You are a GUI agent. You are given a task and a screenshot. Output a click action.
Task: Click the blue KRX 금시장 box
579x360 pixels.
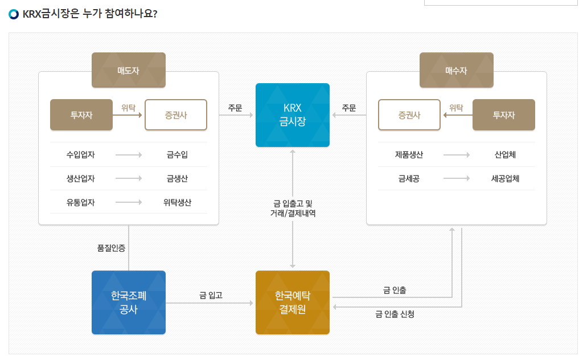tap(293, 115)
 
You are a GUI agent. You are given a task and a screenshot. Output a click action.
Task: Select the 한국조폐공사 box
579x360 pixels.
tap(129, 302)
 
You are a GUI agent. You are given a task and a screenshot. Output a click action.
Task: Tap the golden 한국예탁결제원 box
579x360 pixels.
tap(293, 302)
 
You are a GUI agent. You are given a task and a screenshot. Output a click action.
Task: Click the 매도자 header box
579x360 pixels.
tap(129, 70)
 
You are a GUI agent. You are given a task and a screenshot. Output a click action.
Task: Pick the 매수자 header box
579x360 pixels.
tap(457, 70)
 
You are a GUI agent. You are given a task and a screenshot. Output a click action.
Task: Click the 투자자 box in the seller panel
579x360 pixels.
tap(81, 115)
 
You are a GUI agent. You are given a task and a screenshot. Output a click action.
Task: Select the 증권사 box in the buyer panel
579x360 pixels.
tap(409, 115)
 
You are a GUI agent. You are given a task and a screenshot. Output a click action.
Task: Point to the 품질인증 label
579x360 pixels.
tap(112, 248)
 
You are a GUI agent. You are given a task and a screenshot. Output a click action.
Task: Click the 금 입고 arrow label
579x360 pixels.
tap(211, 295)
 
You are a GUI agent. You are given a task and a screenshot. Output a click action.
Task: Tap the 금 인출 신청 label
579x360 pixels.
tap(395, 314)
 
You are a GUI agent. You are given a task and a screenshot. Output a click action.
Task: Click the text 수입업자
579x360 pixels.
tap(80, 154)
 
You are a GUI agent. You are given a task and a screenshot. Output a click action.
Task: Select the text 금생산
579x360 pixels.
tap(177, 179)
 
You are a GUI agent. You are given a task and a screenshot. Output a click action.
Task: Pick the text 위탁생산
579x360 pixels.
tap(177, 203)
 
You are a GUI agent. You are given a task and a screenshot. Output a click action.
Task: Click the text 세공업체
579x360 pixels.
tap(505, 178)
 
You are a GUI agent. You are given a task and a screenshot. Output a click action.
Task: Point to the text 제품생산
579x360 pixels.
tap(409, 154)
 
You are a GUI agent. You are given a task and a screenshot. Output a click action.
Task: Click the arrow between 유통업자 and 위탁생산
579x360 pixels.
tap(129, 203)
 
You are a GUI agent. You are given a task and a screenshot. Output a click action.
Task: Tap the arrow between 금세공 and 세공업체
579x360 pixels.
tap(457, 178)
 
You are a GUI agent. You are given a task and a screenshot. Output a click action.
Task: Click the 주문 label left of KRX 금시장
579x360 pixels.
tap(235, 108)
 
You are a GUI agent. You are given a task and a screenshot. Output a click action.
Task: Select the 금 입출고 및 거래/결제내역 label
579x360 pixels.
tap(293, 208)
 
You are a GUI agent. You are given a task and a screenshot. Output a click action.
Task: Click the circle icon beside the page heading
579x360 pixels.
tap(14, 14)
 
